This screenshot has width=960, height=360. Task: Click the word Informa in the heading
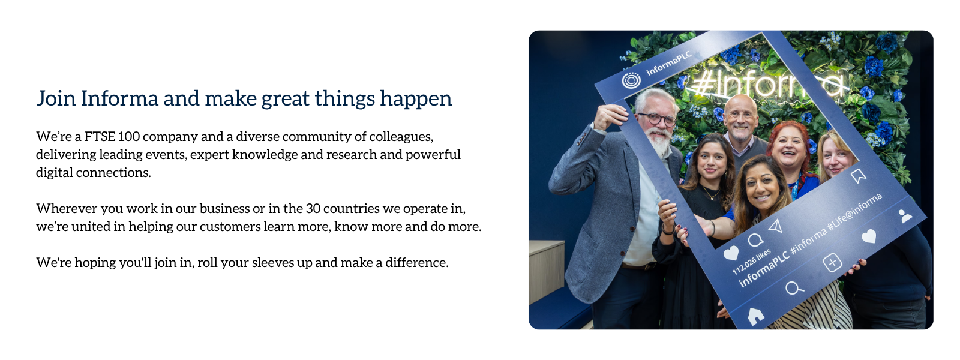[119, 98]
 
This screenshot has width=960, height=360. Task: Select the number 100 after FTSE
[128, 136]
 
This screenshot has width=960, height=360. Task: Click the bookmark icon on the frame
[859, 176]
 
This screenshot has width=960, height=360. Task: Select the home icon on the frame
[755, 316]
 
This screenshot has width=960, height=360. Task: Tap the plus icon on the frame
[832, 263]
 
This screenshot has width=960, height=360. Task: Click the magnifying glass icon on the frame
[794, 288]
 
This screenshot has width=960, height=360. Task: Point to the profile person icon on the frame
[905, 216]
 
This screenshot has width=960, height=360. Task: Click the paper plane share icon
[776, 226]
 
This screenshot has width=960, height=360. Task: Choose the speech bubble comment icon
[755, 241]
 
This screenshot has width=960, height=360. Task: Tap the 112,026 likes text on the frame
[751, 262]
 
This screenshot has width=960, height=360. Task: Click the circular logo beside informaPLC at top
[631, 80]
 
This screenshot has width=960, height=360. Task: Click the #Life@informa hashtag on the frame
[854, 212]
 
